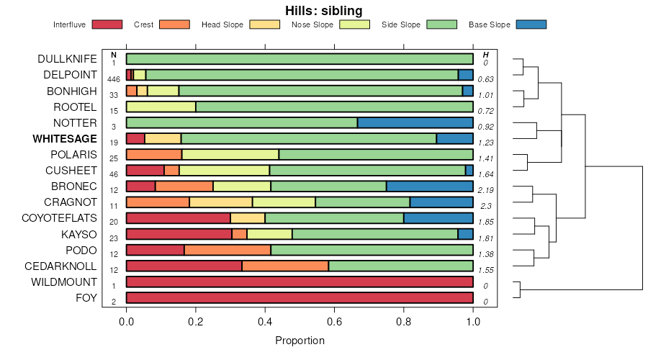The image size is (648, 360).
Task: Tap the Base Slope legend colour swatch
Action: point(531,24)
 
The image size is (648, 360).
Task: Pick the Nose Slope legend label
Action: point(312,24)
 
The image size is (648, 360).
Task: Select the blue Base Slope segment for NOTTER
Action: point(415,122)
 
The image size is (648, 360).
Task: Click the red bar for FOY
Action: point(300,297)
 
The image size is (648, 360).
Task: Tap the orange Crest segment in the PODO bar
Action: point(228,250)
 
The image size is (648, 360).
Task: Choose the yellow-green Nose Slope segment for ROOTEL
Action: point(161,107)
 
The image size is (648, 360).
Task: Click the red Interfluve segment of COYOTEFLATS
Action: point(178,218)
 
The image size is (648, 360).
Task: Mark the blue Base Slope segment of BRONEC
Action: point(430,186)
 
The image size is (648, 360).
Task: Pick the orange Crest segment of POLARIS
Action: point(154,154)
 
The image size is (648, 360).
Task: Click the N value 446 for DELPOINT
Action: point(114,79)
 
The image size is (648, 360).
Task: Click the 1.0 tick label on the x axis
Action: point(473,322)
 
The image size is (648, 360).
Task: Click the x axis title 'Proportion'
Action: point(300,341)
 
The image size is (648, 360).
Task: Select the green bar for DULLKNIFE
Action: point(300,59)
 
